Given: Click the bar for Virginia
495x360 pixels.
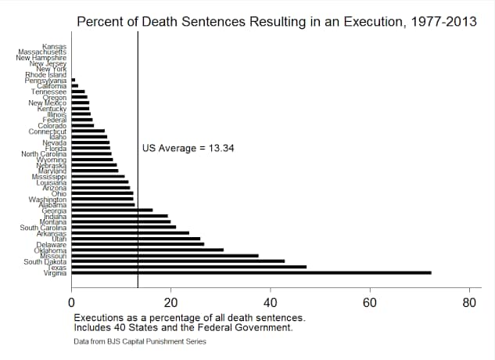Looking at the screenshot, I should tap(250, 272).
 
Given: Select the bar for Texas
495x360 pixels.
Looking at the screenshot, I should tap(188, 267).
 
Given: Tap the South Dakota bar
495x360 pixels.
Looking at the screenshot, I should tap(178, 261).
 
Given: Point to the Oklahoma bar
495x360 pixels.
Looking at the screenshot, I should tap(147, 250).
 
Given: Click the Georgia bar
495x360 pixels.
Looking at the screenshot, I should tap(112, 210).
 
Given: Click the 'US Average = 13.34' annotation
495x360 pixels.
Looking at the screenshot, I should tap(178, 148).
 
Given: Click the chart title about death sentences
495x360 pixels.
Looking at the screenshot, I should tap(276, 21).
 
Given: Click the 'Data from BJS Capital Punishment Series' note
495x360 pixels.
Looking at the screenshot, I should tap(140, 342).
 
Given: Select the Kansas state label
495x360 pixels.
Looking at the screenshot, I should tap(54, 46).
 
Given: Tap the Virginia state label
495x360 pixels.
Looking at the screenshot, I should tap(55, 273).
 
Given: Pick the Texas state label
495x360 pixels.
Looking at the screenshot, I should tap(57, 268).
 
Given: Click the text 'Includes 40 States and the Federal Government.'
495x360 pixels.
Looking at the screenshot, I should tap(183, 328).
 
